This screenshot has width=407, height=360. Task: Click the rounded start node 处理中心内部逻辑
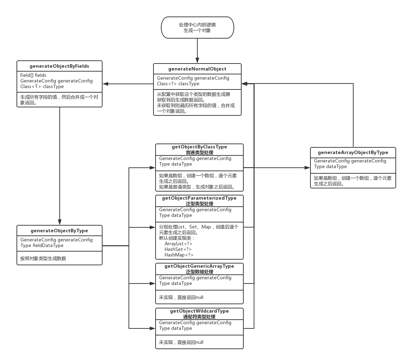click(197, 27)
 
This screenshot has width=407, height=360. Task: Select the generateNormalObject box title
click(197, 69)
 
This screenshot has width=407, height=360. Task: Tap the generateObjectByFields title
click(59, 66)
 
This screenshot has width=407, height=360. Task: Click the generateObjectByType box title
click(59, 231)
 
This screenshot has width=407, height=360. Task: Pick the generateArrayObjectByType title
click(353, 152)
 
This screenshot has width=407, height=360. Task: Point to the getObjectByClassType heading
click(199, 147)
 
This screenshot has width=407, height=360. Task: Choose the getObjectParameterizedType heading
click(199, 198)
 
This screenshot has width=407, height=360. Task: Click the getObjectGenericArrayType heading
click(199, 266)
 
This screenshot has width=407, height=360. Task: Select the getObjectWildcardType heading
click(199, 311)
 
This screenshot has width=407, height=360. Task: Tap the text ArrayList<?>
click(178, 244)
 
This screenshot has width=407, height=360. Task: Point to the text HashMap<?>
click(179, 255)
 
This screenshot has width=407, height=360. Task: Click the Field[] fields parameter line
click(33, 75)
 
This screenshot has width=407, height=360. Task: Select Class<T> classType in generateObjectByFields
click(42, 86)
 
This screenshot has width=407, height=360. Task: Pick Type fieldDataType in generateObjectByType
click(42, 245)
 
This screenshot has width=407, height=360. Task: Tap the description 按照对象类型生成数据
click(43, 259)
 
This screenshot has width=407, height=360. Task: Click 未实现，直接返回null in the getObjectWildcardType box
click(181, 342)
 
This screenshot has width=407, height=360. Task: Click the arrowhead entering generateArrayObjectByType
click(308, 168)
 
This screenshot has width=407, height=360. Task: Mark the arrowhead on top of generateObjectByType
click(60, 222)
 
